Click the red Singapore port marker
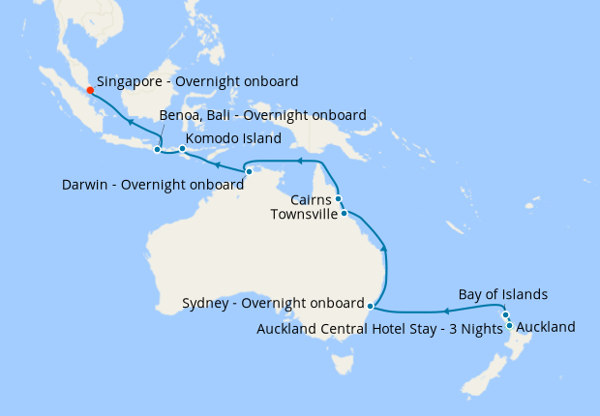90,90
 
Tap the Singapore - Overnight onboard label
197,82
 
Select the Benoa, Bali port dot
157,149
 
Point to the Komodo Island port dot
182,149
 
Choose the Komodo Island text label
233,138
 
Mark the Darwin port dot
249,171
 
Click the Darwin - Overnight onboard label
152,184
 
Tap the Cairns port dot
338,198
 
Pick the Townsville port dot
344,212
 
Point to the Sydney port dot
371,306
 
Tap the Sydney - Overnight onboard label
273,303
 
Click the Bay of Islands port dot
505,315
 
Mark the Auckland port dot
509,325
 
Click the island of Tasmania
340,363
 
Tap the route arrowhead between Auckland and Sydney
447,312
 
